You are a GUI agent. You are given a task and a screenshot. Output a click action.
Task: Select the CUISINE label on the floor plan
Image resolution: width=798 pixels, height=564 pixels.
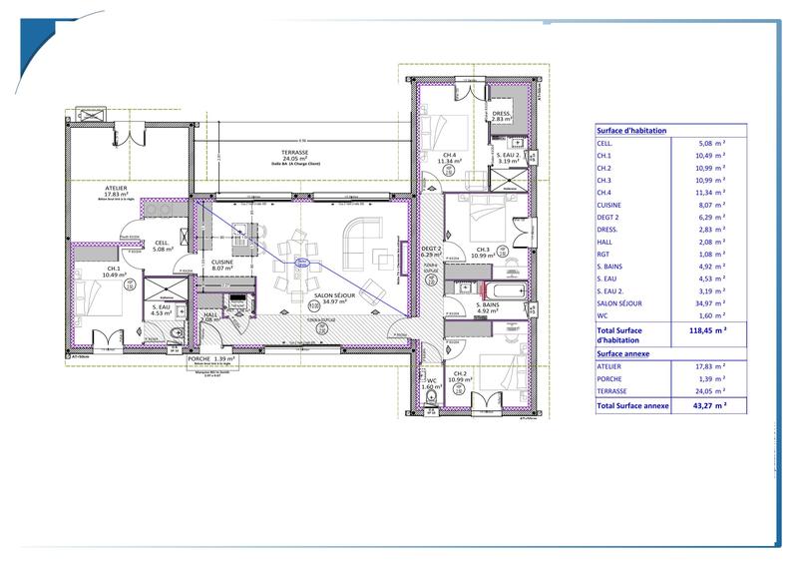point(221,263)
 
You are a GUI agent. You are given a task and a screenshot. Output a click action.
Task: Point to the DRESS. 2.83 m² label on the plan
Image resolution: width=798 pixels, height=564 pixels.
point(502,117)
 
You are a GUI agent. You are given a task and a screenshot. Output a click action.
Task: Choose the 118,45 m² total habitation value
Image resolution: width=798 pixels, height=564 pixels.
point(707,328)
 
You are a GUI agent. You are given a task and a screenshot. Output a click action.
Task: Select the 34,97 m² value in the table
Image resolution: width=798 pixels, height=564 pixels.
point(711,302)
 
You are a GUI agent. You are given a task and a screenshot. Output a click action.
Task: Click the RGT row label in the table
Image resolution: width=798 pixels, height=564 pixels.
point(602,255)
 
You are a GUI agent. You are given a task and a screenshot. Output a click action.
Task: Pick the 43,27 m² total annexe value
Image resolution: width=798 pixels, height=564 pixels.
point(707,405)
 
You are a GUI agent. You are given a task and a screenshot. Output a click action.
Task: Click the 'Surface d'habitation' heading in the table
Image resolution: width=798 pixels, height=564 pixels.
point(631,131)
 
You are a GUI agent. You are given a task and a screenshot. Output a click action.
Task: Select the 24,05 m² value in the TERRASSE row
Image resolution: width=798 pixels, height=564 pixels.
point(711,391)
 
